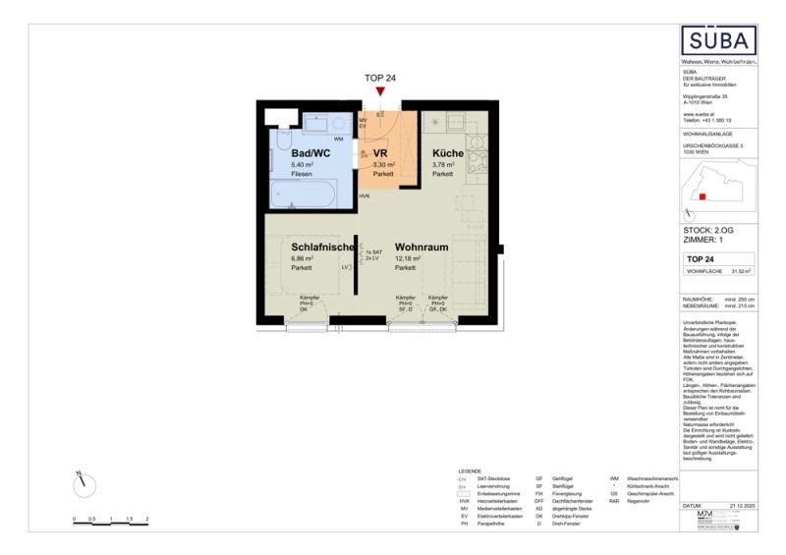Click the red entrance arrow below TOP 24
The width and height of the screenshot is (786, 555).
click(x=380, y=92)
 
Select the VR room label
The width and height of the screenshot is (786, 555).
click(x=379, y=153)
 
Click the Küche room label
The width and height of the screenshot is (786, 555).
click(x=448, y=153)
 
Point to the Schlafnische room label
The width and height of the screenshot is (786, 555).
click(x=321, y=248)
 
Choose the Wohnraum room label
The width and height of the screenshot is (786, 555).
click(x=421, y=248)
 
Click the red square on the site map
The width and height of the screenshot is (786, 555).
click(x=702, y=196)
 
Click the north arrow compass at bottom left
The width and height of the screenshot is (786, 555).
click(x=84, y=482)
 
